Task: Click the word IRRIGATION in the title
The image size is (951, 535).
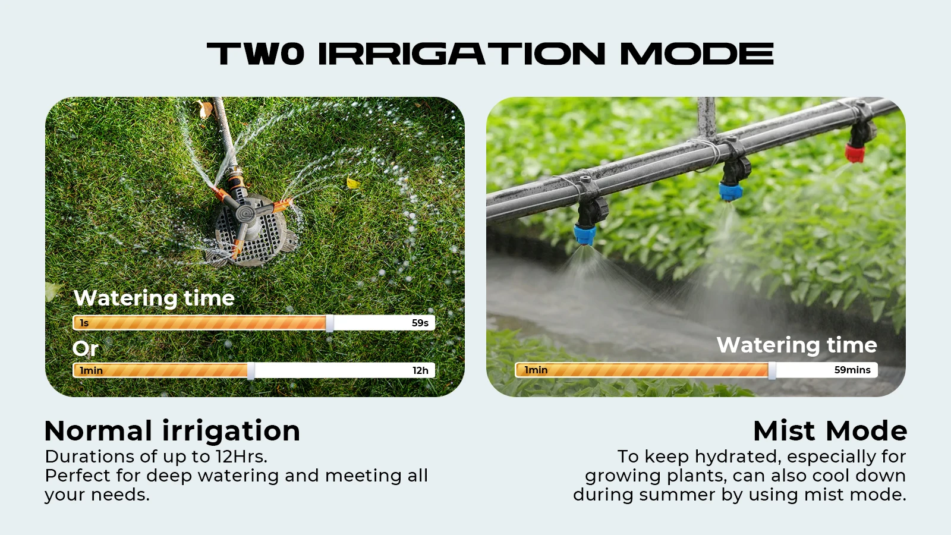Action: (x=461, y=53)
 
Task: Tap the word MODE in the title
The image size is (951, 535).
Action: (x=697, y=53)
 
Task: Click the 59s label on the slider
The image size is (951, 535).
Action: (x=420, y=323)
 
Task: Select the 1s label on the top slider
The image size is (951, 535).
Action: (x=84, y=323)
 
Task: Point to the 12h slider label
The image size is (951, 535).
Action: (x=420, y=370)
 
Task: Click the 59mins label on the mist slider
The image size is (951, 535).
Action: (x=852, y=370)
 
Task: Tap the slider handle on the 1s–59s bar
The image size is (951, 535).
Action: (x=329, y=323)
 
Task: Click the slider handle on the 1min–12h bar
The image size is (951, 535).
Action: (x=251, y=371)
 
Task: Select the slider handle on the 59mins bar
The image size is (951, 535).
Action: (x=772, y=370)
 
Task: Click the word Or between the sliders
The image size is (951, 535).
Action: (x=86, y=348)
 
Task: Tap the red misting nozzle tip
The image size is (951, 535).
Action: (x=854, y=153)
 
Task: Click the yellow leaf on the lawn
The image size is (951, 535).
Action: (x=353, y=183)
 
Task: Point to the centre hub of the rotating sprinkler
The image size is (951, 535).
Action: (x=246, y=212)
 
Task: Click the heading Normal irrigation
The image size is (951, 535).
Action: (x=172, y=431)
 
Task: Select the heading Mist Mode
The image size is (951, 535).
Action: (x=830, y=431)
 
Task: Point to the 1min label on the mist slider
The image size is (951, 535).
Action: (x=536, y=370)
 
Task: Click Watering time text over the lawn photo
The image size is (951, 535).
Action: (x=154, y=298)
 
